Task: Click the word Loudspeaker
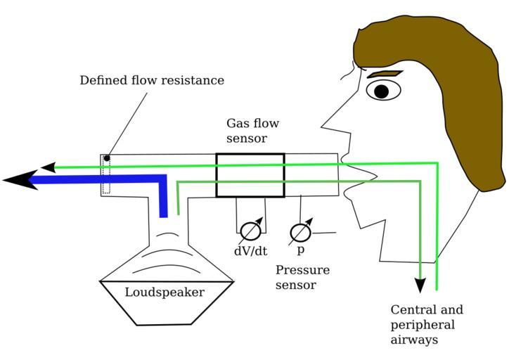165,292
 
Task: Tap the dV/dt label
250,250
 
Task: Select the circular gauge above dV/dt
250,231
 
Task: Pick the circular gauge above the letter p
301,231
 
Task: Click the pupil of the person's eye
381,91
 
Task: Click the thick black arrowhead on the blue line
20,180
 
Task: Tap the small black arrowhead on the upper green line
48,167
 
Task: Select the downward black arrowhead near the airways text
420,285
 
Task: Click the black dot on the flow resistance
107,157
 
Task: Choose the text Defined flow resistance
152,80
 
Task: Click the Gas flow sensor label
252,131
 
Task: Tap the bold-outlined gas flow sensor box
250,175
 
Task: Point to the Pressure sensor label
302,277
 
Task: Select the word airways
415,340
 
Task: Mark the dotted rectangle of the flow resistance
106,176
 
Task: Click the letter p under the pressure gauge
300,250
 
